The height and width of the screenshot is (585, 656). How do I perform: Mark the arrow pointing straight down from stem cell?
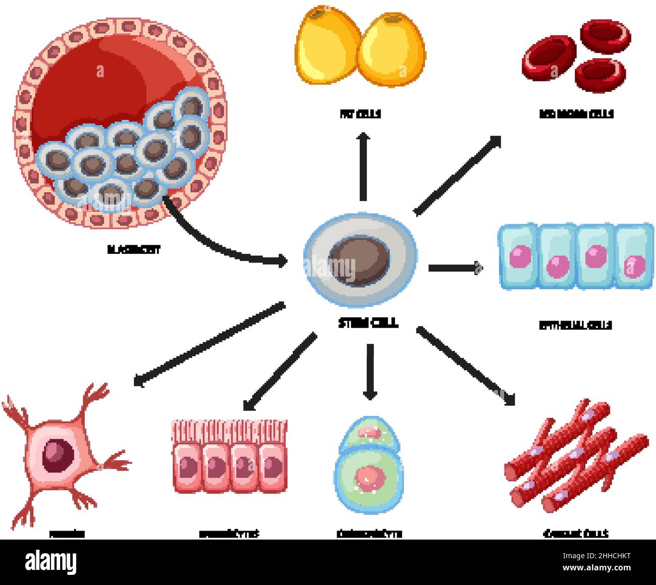click(370, 371)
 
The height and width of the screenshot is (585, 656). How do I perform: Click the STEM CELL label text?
click(368, 323)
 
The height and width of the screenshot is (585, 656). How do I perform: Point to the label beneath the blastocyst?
click(134, 249)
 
